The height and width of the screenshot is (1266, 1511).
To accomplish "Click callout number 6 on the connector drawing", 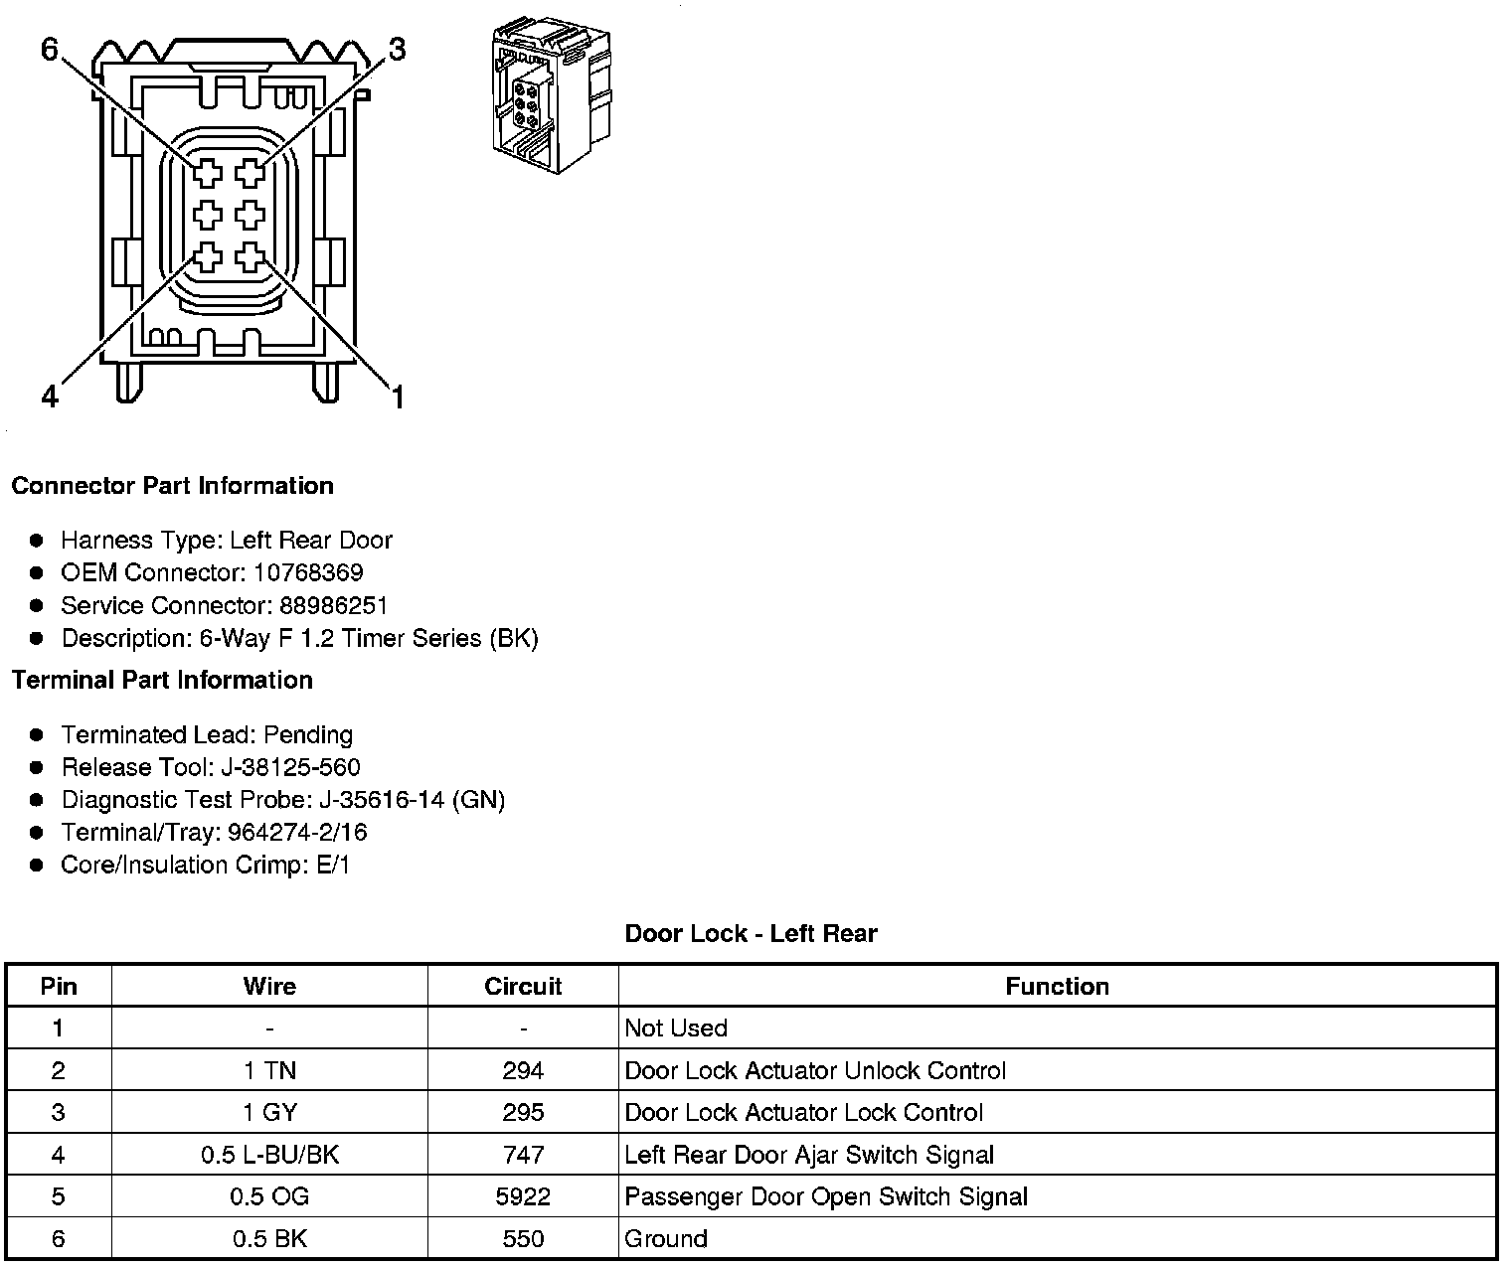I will (x=51, y=50).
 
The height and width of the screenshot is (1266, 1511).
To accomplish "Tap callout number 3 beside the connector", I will (x=397, y=50).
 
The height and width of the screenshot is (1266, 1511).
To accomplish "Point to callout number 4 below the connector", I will (x=51, y=397).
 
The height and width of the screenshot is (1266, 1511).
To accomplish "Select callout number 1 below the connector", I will (x=398, y=397).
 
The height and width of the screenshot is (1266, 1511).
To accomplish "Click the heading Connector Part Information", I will (x=172, y=486).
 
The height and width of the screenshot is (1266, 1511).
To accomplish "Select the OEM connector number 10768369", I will (x=308, y=572).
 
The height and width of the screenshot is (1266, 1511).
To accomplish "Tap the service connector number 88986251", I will (x=334, y=605).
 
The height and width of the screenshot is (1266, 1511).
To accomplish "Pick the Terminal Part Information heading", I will (x=162, y=680).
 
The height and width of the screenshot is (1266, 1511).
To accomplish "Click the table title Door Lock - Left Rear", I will (x=751, y=934).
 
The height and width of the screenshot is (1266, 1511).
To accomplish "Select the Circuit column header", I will (x=523, y=986).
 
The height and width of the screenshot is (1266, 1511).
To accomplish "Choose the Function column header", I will (x=1057, y=986).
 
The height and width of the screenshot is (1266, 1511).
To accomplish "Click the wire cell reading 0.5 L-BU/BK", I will (x=269, y=1155).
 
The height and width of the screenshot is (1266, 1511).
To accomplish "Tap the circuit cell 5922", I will (x=523, y=1196).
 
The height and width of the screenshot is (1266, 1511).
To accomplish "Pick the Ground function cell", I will (x=666, y=1238).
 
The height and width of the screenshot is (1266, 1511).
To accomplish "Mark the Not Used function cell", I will (x=676, y=1028).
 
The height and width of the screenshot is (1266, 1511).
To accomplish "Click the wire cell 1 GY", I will (x=269, y=1112).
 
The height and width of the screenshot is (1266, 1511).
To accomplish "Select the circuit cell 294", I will (x=523, y=1070).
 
